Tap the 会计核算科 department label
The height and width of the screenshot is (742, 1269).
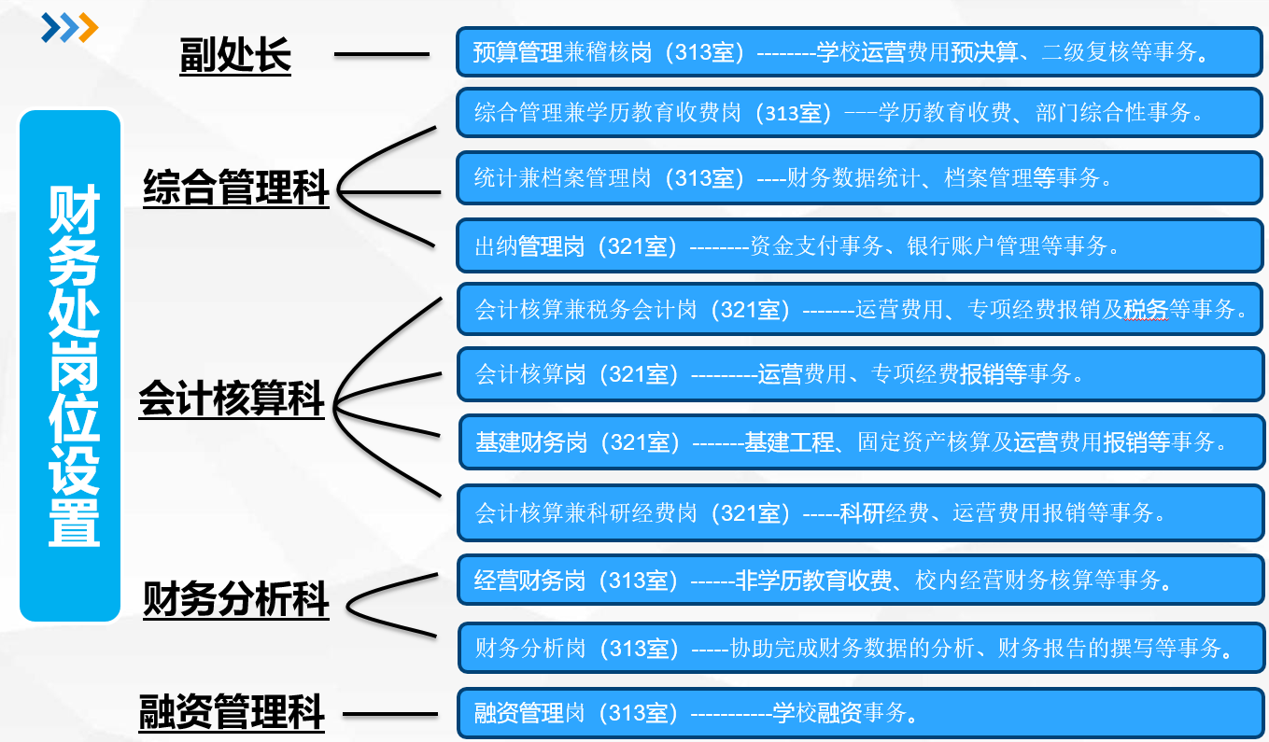[232, 400]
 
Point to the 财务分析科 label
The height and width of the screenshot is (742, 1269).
[235, 599]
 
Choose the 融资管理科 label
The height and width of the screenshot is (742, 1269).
[232, 714]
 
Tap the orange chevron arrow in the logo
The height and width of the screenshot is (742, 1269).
[88, 28]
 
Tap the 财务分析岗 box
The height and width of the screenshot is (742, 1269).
[860, 647]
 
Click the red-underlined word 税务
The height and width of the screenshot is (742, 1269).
[1146, 310]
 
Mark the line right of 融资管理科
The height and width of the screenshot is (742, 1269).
[389, 715]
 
